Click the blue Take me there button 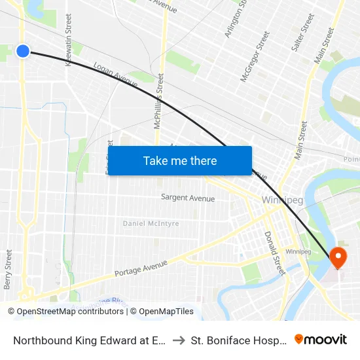point(180,161)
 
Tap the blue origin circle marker point(23,50)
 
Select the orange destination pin point(338,257)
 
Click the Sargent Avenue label point(188,198)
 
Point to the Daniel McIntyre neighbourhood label point(151,224)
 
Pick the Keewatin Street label point(69,43)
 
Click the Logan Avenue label point(115,75)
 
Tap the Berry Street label point(9,269)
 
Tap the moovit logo point(321,339)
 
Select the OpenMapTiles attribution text point(162,312)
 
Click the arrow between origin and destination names point(178,340)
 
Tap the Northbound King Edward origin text point(89,340)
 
